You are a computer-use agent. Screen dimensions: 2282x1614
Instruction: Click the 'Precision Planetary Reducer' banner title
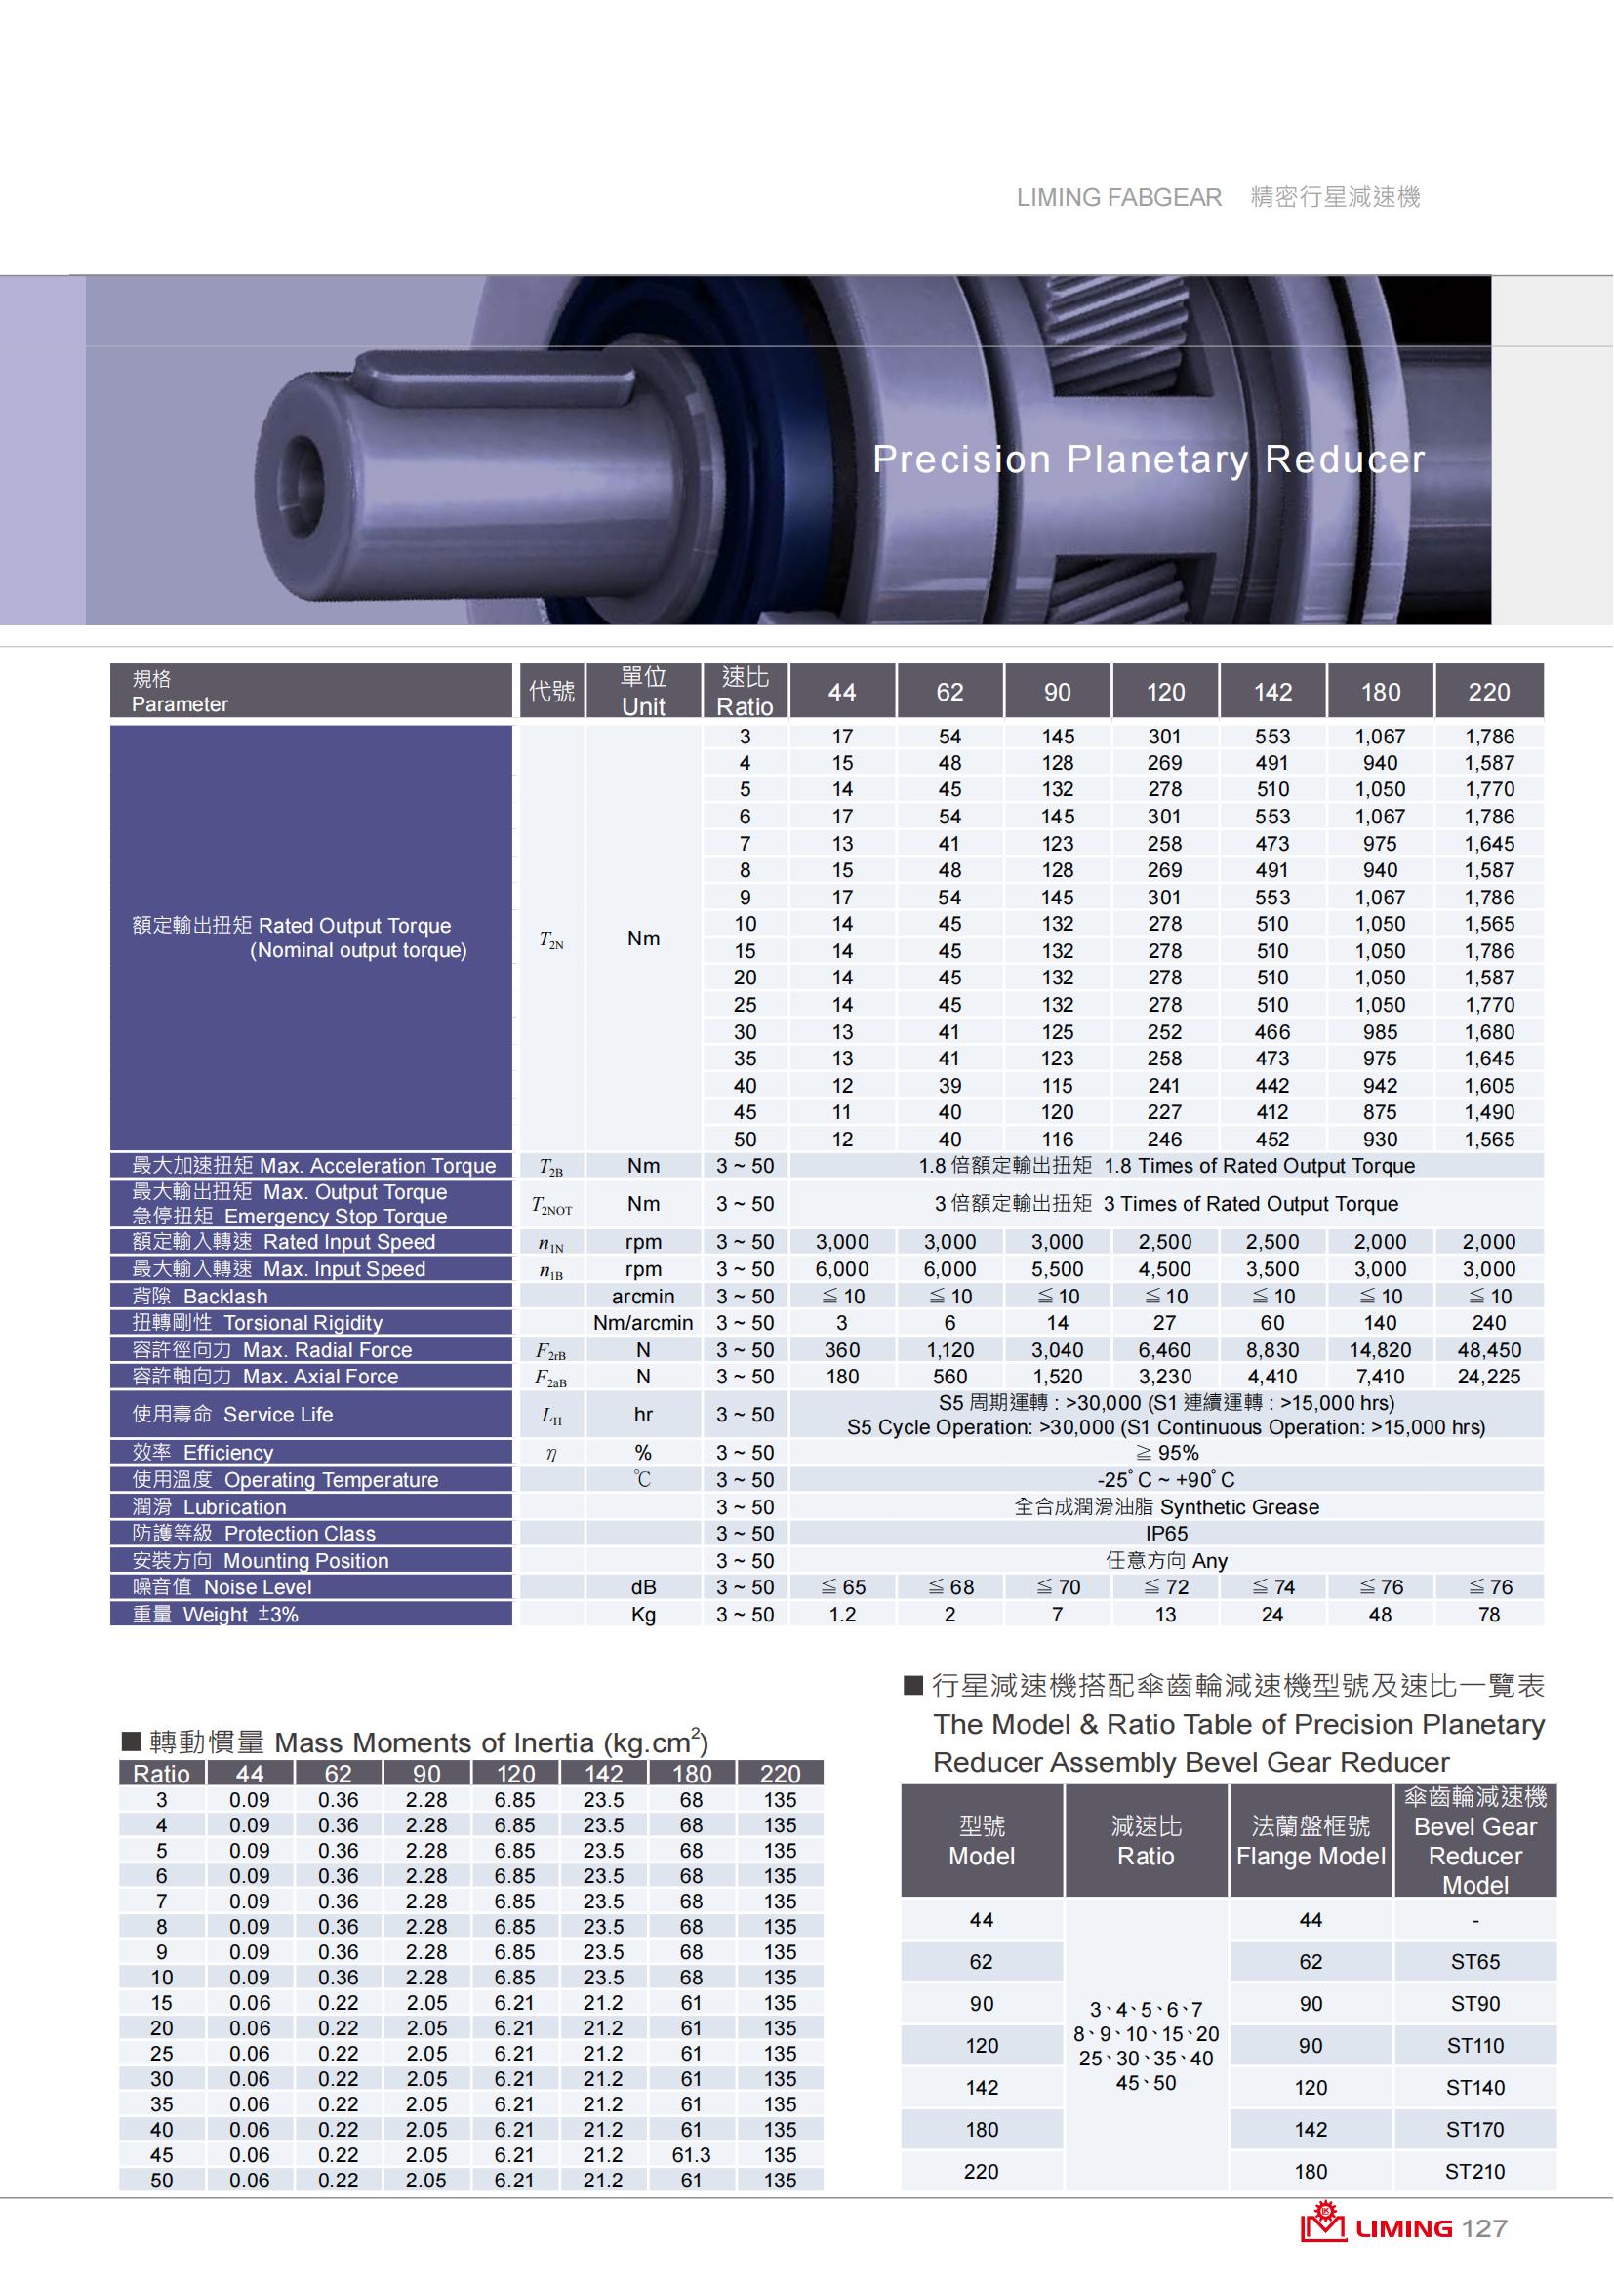tap(1148, 460)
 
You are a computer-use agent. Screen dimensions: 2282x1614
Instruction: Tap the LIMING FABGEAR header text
tap(1118, 198)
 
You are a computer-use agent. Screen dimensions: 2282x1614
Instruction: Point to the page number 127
tap(1485, 2228)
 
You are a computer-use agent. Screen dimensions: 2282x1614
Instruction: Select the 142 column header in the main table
tap(1272, 692)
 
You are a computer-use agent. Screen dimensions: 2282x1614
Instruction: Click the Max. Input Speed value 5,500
tap(1058, 1269)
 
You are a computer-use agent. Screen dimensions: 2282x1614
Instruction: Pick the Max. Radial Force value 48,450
tap(1488, 1349)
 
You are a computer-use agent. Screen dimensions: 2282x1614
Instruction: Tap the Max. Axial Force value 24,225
tap(1488, 1377)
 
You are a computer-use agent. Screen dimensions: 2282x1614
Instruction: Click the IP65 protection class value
tap(1166, 1534)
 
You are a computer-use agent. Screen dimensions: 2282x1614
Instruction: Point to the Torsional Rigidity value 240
tap(1488, 1323)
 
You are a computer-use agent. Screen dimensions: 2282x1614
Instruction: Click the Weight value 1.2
tap(842, 1614)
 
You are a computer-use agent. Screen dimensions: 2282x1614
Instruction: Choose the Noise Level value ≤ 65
tap(842, 1587)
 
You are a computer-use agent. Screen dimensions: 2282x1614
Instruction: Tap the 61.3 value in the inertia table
tap(691, 2155)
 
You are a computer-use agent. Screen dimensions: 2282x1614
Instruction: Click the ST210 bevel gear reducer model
tap(1474, 2172)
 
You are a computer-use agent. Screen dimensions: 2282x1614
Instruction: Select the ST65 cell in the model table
tap(1474, 1962)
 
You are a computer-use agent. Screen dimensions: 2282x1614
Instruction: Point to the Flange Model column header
tap(1310, 1841)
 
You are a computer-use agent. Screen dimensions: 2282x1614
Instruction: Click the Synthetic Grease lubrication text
tap(1166, 1506)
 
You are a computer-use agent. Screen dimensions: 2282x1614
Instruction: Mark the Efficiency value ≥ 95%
tap(1166, 1452)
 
